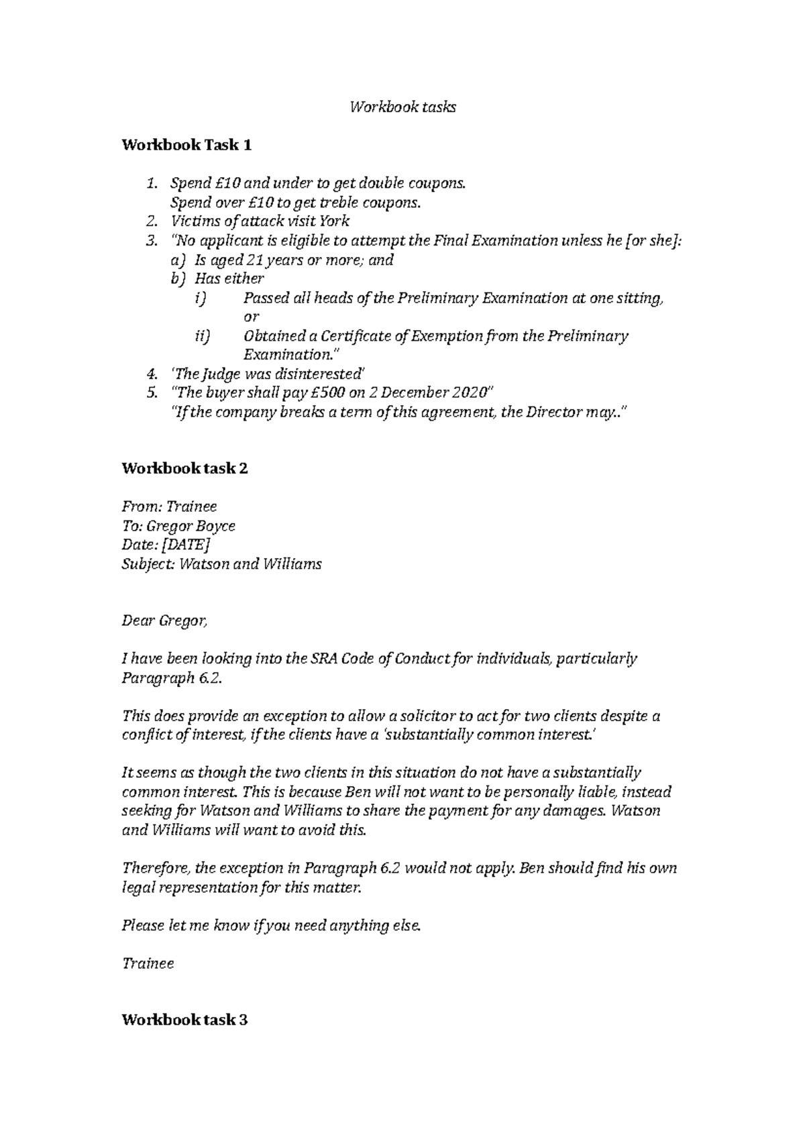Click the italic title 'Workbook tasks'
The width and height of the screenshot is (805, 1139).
point(402,107)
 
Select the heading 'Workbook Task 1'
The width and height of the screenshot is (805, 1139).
point(186,145)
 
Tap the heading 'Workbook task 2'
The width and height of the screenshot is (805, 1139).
point(184,468)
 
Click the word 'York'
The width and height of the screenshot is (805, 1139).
point(335,221)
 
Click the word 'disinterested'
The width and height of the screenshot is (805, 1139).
point(323,374)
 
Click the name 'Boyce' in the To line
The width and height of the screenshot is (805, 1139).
point(218,526)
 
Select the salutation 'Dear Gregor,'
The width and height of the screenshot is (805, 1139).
point(165,621)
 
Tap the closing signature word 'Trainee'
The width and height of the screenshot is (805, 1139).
point(148,963)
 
